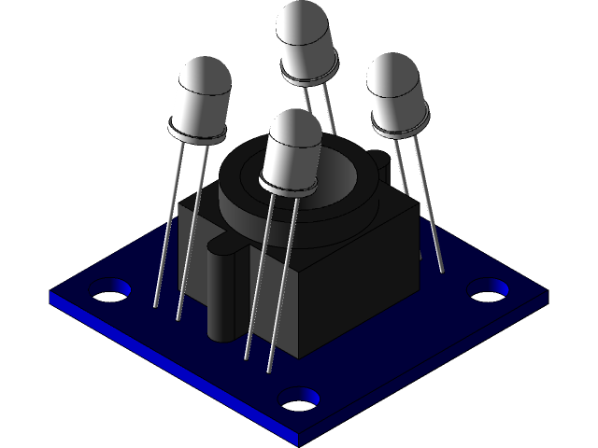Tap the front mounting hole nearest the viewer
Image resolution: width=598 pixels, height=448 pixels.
300,399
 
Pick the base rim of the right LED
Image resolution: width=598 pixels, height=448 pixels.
400,126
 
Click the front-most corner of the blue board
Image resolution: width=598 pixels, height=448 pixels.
297,440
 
